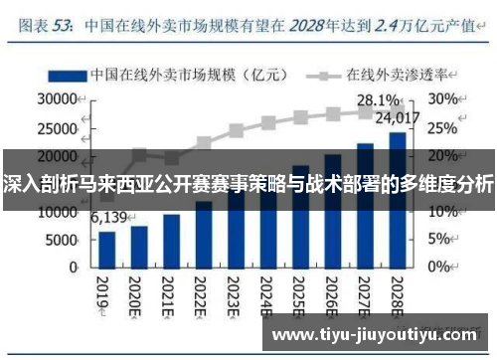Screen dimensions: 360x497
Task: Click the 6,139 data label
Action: [110, 218]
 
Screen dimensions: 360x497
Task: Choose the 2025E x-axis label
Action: [295, 296]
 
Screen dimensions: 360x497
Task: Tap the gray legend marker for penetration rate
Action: [324, 75]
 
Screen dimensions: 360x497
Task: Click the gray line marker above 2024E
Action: [268, 123]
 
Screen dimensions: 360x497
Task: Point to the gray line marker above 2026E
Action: [333, 114]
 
